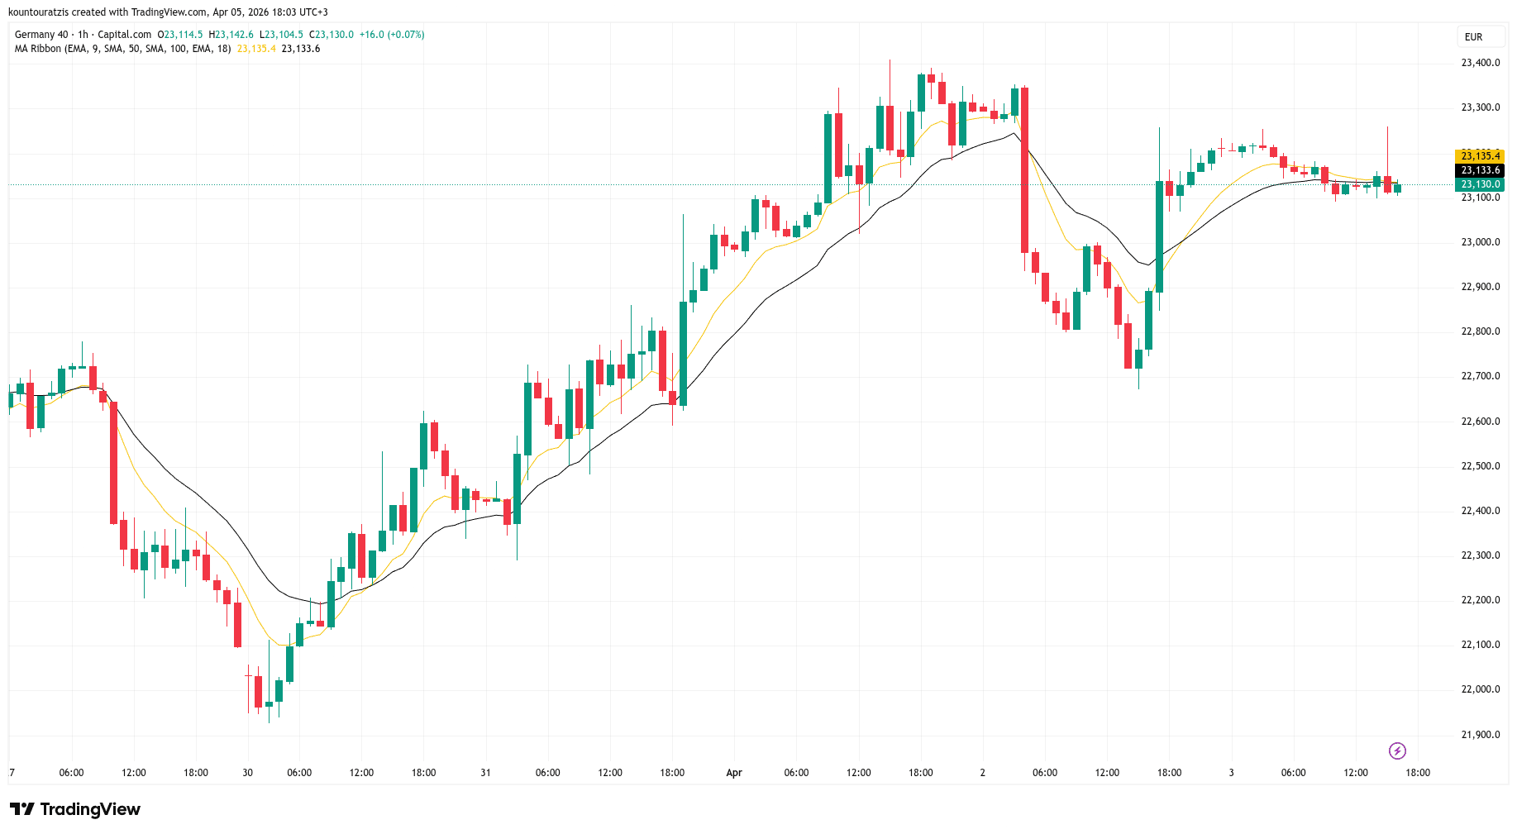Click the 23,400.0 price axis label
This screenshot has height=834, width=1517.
click(1480, 63)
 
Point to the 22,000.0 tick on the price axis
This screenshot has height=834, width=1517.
click(1480, 689)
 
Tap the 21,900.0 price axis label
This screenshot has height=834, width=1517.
click(1480, 735)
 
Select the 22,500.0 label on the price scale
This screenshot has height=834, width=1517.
click(1480, 466)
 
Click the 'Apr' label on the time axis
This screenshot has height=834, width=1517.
click(734, 773)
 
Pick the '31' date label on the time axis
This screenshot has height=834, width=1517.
click(485, 773)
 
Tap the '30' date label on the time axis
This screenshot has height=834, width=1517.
click(248, 773)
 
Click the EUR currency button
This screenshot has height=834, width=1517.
click(1473, 37)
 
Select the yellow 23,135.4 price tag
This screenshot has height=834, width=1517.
click(1480, 156)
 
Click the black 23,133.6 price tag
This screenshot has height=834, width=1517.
click(1480, 170)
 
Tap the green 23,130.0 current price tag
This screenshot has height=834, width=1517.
click(1480, 184)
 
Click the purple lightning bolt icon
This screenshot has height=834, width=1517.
click(1397, 751)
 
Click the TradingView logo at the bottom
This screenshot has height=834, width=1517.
click(75, 809)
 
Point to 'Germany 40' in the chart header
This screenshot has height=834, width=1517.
click(41, 35)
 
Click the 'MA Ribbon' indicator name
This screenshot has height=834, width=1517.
click(38, 49)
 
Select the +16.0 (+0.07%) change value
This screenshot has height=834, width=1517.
click(392, 35)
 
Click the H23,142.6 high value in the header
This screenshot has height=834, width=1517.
click(231, 35)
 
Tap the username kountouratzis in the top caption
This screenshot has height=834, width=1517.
click(39, 12)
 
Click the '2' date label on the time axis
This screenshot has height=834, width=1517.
click(983, 773)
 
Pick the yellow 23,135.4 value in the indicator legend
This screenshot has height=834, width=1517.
click(256, 49)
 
